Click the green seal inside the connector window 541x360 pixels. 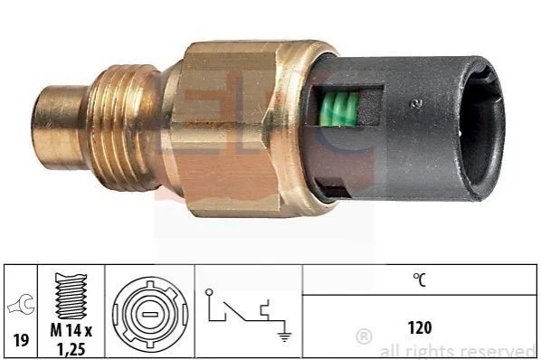[340, 109]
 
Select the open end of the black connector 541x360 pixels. [481, 128]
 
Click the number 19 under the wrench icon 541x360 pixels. [21, 341]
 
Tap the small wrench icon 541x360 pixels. [22, 305]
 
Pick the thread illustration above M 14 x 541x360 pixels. [71, 296]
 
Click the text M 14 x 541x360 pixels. [71, 331]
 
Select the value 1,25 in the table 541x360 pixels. [71, 350]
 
